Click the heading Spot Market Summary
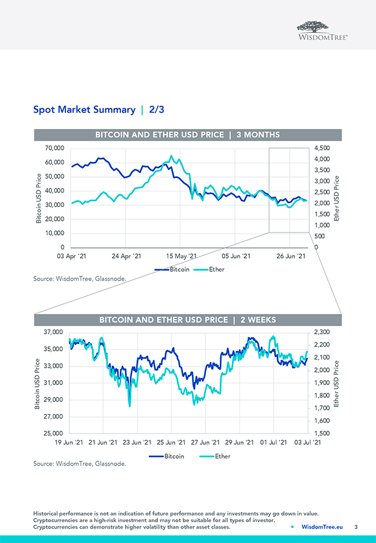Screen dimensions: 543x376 tap(84, 109)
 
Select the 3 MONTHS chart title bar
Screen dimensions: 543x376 tap(187, 135)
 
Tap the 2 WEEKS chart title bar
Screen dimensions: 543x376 tap(187, 320)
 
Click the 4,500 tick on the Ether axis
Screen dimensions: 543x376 tap(322, 149)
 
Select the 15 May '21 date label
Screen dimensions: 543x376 tap(182, 255)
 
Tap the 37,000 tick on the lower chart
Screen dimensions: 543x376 tap(53, 332)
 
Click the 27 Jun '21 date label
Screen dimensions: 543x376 tap(204, 442)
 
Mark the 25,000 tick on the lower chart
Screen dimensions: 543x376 tap(53, 433)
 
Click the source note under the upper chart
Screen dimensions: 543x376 tap(79, 279)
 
